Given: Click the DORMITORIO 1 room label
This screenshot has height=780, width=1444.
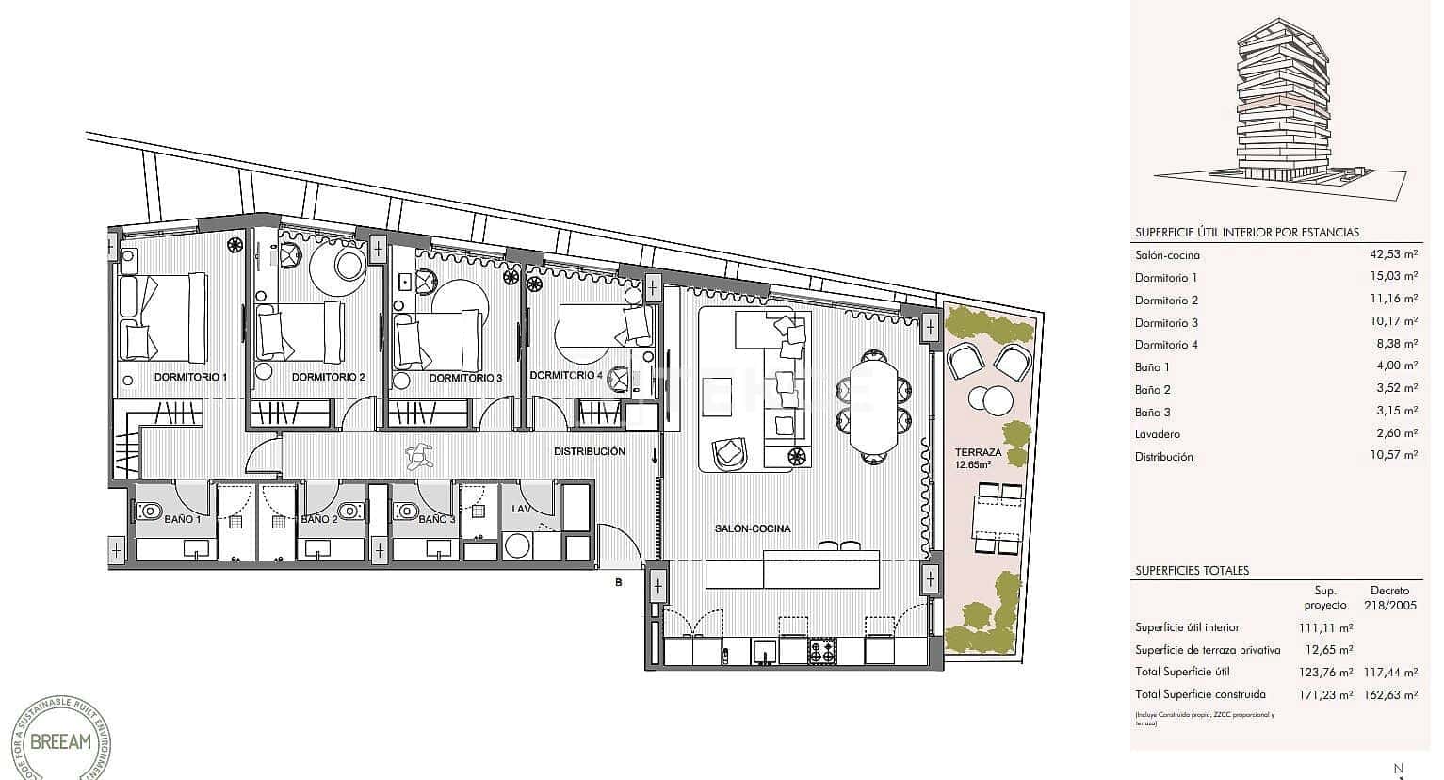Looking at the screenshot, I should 190,377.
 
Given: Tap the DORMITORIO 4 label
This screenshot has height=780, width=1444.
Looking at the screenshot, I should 565,375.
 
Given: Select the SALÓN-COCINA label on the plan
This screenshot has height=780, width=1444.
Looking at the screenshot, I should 753,529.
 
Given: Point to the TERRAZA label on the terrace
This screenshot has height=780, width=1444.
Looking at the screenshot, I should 977,452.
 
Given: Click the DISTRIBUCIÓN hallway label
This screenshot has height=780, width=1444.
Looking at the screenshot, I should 590,451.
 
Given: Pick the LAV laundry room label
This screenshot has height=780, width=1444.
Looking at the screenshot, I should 521,509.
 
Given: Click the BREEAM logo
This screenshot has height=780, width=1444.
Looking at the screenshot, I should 61,741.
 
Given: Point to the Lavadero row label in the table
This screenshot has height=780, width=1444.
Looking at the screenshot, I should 1158,434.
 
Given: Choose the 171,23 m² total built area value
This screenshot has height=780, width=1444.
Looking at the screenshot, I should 1326,694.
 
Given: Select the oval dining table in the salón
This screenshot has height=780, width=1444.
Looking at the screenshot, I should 876,403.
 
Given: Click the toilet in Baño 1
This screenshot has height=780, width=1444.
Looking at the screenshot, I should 149,511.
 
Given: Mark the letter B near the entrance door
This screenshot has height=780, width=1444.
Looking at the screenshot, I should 619,582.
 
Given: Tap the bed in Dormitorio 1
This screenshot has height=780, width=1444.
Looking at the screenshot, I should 165,317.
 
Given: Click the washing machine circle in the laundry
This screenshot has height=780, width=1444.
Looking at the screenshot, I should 517,545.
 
